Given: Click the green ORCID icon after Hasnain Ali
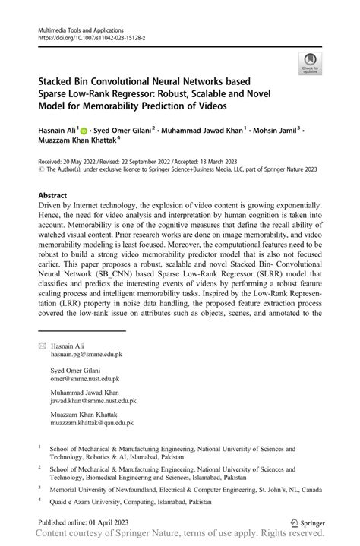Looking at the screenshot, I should [84, 130].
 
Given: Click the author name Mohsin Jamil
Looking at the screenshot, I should [273, 130].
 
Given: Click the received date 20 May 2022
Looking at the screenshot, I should [78, 162].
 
